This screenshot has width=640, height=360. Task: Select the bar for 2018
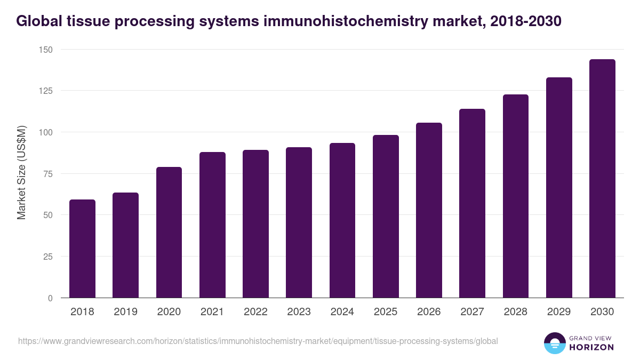[82, 249]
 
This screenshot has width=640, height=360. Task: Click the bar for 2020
[169, 233]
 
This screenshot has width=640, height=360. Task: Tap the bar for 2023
[299, 222]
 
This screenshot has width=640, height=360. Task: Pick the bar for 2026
[429, 210]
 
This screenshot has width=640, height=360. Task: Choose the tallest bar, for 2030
[602, 179]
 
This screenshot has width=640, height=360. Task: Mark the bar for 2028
[515, 196]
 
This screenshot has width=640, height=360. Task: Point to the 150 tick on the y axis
[46, 50]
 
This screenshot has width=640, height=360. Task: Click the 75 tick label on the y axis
[49, 174]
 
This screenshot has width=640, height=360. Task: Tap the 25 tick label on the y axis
[49, 257]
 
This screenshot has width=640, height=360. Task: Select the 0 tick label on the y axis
[51, 298]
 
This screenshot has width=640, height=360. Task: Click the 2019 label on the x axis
[125, 312]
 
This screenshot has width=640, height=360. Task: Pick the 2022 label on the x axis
[255, 312]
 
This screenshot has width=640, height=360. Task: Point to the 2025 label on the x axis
[386, 312]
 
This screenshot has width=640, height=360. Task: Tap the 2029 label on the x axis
[559, 312]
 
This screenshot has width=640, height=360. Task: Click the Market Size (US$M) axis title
[21, 173]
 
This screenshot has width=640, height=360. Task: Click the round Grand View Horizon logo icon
[554, 343]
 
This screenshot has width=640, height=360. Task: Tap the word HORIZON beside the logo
[592, 347]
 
